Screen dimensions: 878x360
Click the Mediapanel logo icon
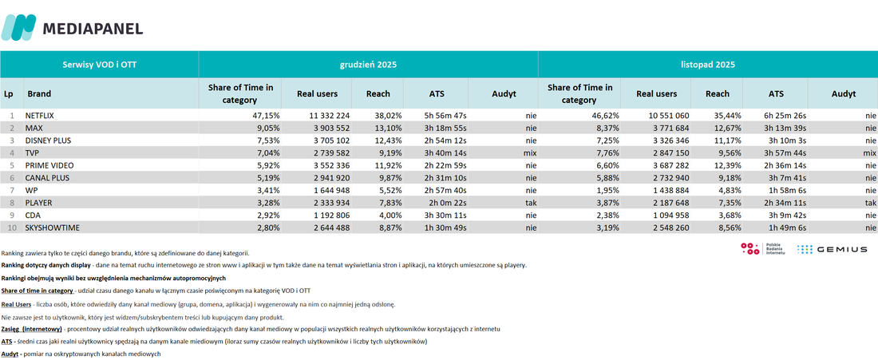[18, 27]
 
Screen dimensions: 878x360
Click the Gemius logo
[832, 250]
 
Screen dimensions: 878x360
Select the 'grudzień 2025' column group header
[368, 65]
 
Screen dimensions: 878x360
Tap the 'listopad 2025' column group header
[708, 65]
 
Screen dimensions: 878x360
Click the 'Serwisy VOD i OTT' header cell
[99, 65]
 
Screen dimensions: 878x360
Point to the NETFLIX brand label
[42, 115]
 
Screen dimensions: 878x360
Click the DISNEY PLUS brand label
[48, 140]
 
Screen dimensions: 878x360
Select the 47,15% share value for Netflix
[266, 115]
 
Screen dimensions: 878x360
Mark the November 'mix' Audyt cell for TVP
[869, 152]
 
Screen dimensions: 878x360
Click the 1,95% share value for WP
[607, 190]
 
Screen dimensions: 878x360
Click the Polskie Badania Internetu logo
[762, 249]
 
